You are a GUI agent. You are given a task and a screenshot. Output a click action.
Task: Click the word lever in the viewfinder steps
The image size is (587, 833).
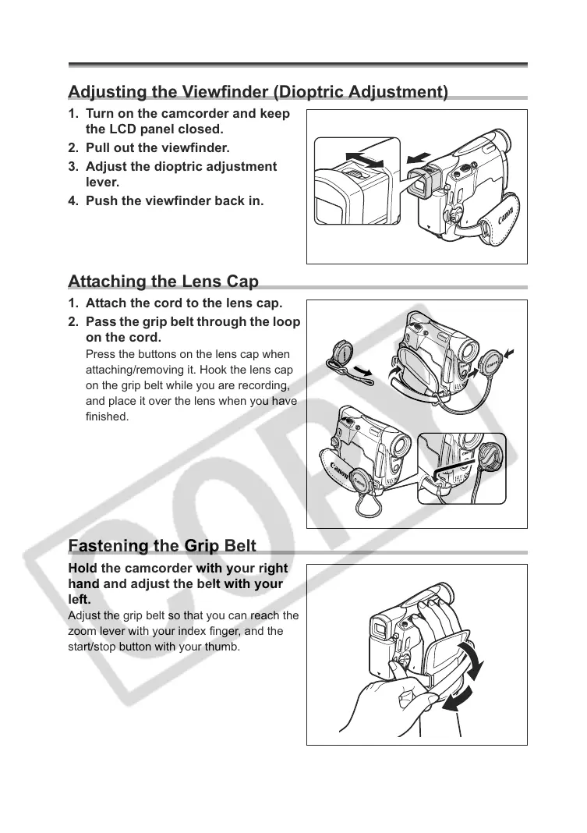coord(102,182)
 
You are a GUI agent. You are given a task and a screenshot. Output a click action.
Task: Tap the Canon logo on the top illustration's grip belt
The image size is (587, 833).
coord(507,226)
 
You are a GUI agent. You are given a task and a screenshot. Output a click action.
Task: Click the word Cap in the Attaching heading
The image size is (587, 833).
coord(242,282)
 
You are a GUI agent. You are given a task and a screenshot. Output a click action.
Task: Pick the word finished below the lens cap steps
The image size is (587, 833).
coord(107,417)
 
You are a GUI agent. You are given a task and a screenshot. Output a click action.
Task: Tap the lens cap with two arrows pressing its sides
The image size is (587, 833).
coord(492,363)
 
